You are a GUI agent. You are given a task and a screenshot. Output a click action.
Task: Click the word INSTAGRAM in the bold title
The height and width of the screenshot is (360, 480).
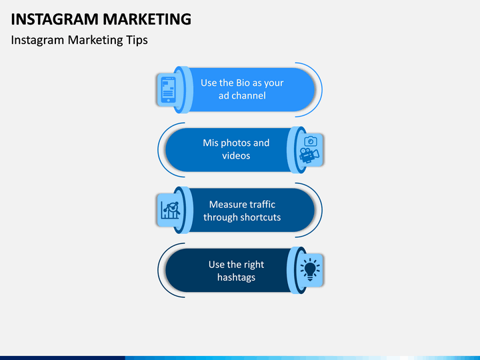click(x=55, y=19)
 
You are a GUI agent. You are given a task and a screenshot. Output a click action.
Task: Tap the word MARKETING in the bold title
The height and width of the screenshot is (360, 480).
click(x=147, y=19)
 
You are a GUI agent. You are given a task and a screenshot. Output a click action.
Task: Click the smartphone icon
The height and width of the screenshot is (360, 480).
click(x=169, y=90)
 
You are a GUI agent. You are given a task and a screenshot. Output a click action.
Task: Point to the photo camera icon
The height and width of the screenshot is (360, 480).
click(x=311, y=141)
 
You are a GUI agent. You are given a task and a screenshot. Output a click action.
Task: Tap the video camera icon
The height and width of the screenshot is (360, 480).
click(x=309, y=155)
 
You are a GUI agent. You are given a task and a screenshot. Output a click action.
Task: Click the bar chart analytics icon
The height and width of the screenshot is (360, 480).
click(x=171, y=210)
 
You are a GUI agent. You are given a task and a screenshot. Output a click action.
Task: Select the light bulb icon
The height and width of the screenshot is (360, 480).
click(x=310, y=269)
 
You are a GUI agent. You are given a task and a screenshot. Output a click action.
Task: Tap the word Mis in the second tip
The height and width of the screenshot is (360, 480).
click(x=211, y=143)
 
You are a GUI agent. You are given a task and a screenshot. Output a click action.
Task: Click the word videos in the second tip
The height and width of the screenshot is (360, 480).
click(x=236, y=155)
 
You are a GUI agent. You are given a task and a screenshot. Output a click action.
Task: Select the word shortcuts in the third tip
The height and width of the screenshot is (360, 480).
click(x=261, y=217)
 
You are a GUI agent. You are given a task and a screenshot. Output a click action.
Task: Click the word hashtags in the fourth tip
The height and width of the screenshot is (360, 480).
click(x=236, y=277)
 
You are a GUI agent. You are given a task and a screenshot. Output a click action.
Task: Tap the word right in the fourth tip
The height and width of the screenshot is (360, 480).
click(x=253, y=265)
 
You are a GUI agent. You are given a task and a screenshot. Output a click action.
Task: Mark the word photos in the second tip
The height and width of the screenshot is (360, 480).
click(x=235, y=143)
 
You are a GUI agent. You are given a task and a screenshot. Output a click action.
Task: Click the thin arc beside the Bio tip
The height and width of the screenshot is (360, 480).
click(x=322, y=90)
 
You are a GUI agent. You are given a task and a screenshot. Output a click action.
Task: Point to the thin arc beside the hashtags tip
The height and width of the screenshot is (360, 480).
click(x=158, y=270)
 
